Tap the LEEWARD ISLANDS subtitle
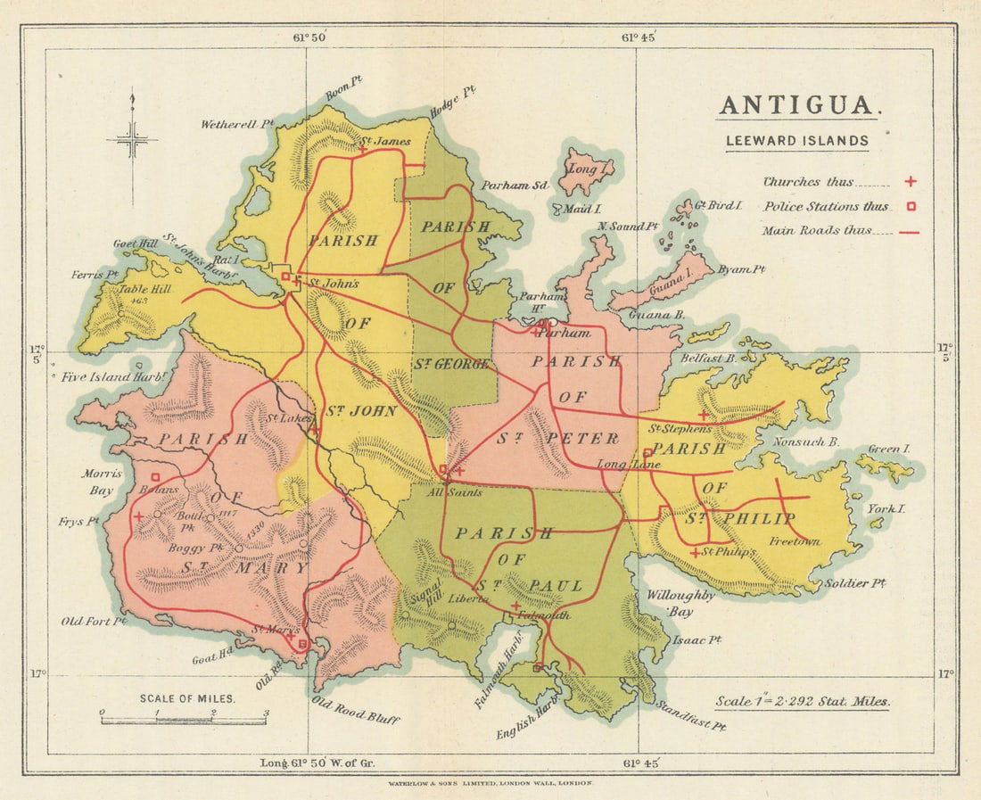click(x=796, y=140)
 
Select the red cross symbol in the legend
click(x=911, y=182)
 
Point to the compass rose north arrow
click(x=132, y=134)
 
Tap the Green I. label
click(x=889, y=449)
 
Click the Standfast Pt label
click(x=691, y=714)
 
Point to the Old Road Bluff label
click(x=354, y=711)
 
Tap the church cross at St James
click(x=363, y=150)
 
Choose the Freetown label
click(x=795, y=540)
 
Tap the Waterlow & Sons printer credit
click(x=490, y=782)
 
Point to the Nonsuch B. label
click(x=806, y=441)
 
